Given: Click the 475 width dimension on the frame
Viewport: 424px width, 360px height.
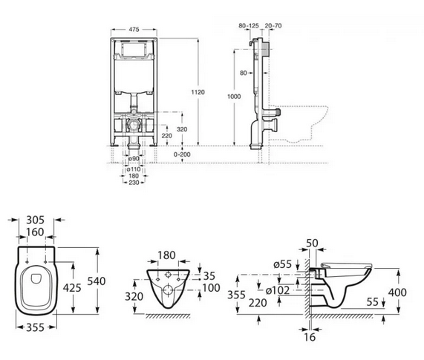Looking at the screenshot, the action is [x=134, y=29].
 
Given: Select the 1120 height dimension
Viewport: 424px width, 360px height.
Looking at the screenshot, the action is [x=198, y=92].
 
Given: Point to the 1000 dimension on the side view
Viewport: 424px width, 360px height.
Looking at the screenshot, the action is [x=234, y=96].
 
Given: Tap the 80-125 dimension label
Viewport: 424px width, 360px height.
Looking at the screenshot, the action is [x=249, y=26].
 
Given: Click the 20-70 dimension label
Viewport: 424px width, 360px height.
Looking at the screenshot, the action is [x=273, y=26].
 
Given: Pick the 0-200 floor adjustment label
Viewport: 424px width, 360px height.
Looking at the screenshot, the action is [x=182, y=154].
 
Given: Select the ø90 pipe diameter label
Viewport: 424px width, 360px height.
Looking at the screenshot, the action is [x=134, y=158].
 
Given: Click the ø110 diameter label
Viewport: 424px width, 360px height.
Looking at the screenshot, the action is [x=134, y=169].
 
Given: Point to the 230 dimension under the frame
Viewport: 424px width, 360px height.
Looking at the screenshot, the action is [x=134, y=183].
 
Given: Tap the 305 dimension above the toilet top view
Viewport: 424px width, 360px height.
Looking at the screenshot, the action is [x=35, y=220].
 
